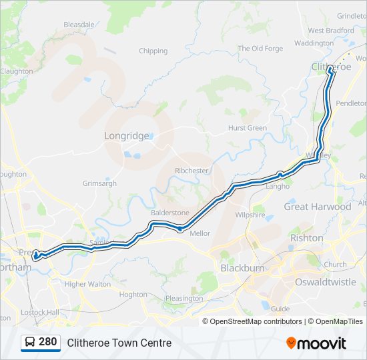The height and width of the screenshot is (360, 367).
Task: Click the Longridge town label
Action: (127, 135)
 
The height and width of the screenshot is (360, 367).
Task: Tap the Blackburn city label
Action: (243, 267)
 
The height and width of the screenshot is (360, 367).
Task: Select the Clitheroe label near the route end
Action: (331, 67)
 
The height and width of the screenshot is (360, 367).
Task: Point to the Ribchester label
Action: (192, 171)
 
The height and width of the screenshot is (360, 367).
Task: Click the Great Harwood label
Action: (318, 207)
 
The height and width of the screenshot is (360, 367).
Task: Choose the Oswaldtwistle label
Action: (326, 282)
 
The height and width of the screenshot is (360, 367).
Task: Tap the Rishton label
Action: (307, 237)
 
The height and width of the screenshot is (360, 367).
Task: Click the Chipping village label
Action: (153, 51)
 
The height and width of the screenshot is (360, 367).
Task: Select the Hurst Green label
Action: (248, 128)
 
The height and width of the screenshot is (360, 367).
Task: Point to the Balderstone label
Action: (170, 213)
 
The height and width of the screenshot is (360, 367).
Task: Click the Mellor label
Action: (200, 233)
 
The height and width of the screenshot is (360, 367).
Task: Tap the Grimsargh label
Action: (99, 183)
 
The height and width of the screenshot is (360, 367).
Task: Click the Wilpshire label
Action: (251, 215)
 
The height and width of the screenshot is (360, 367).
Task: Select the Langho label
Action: (277, 187)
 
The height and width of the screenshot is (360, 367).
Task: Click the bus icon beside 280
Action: (30, 343)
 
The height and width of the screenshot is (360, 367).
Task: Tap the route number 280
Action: (47, 342)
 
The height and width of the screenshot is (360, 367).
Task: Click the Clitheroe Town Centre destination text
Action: (119, 343)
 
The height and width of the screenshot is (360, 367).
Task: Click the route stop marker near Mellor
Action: (180, 229)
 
